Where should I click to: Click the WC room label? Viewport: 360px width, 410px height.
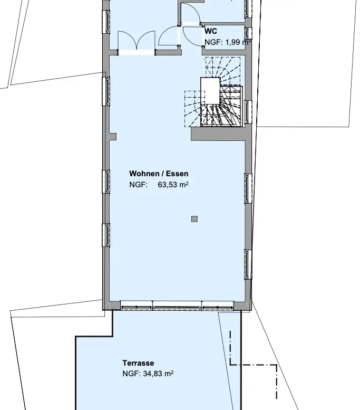pos(211,31)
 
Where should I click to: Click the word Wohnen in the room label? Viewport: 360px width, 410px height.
pos(144,174)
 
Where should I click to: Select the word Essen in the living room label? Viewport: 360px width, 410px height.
pos(177,174)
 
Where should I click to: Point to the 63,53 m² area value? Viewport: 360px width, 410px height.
pos(173,185)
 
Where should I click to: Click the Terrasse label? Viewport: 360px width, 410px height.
pos(138,363)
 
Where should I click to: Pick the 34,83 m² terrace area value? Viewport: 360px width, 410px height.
pos(158,374)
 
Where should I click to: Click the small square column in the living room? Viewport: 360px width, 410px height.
pos(194,219)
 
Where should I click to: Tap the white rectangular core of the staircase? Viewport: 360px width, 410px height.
pos(210,91)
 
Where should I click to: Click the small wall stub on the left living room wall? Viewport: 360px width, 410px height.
pos(113,137)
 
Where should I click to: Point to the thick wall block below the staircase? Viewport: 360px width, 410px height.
pos(218,134)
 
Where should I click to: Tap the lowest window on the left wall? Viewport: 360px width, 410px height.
pos(108,235)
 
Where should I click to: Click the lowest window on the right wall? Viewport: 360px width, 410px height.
pos(247,264)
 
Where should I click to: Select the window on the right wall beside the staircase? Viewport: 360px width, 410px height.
pos(248,112)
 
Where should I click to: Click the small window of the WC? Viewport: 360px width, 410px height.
pos(247,33)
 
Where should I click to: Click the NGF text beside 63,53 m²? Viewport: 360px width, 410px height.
pos(139,185)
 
